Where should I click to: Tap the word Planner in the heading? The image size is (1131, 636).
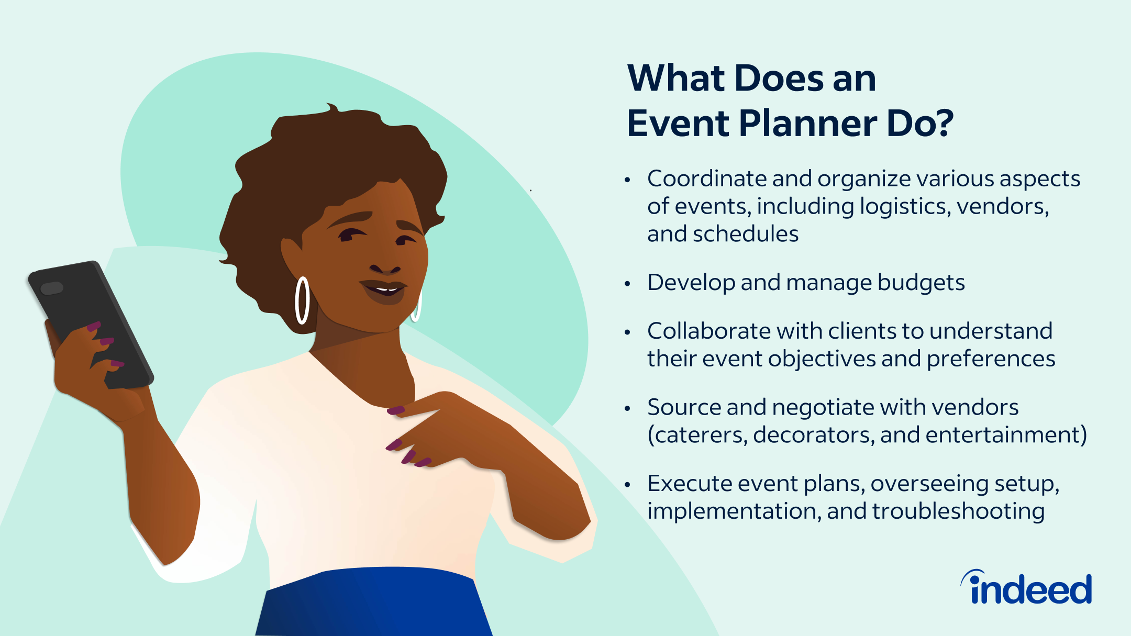tap(807, 124)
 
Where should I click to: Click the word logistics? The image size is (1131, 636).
tap(905, 207)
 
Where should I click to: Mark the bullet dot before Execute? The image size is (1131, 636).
tap(627, 485)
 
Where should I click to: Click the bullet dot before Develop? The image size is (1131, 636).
tap(627, 284)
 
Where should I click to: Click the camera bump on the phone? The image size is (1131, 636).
tap(52, 288)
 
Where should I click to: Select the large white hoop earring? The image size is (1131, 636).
tap(302, 300)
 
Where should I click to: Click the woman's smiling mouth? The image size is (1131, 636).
tap(385, 289)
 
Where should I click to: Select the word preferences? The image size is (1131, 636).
tap(991, 360)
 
